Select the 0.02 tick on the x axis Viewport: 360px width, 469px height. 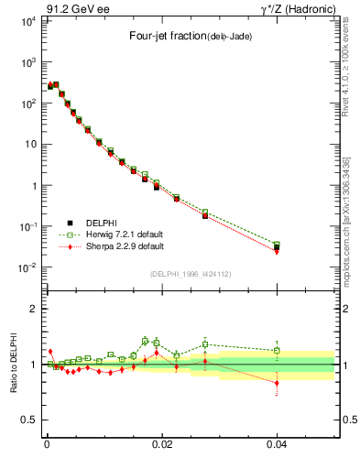[x=161, y=442]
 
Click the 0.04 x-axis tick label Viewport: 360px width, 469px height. [x=277, y=442]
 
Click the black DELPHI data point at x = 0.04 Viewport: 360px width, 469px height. [x=277, y=247]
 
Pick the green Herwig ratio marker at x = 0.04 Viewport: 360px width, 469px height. [x=277, y=350]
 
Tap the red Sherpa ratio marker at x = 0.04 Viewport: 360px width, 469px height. [x=277, y=383]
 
